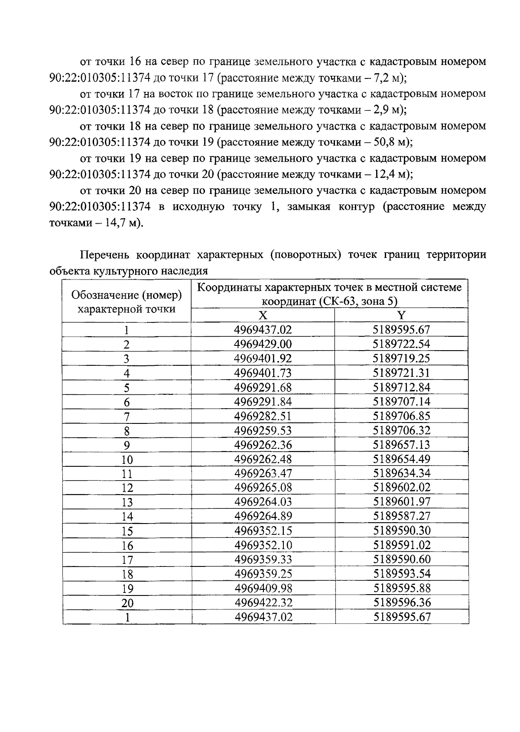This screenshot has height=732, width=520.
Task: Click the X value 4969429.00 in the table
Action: pyautogui.click(x=263, y=344)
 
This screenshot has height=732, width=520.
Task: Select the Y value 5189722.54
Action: pyautogui.click(x=401, y=344)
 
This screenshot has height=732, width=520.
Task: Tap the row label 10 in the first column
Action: pyautogui.click(x=127, y=459)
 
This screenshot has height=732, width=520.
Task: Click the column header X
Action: pyautogui.click(x=263, y=315)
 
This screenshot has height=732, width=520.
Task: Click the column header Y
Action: pyautogui.click(x=401, y=315)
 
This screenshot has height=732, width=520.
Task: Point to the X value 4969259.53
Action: pyautogui.click(x=263, y=430)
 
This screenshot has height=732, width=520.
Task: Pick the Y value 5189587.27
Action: pyautogui.click(x=401, y=516)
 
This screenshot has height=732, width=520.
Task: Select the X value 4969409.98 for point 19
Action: pyautogui.click(x=263, y=588)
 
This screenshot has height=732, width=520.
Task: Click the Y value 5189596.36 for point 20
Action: pyautogui.click(x=402, y=602)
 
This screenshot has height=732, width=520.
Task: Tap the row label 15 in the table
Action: pyautogui.click(x=127, y=531)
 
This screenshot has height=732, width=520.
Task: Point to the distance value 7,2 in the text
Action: pyautogui.click(x=382, y=78)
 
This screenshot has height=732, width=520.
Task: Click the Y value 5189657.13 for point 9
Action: pyautogui.click(x=401, y=445)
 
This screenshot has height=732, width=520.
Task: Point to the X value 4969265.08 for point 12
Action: pyautogui.click(x=263, y=488)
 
